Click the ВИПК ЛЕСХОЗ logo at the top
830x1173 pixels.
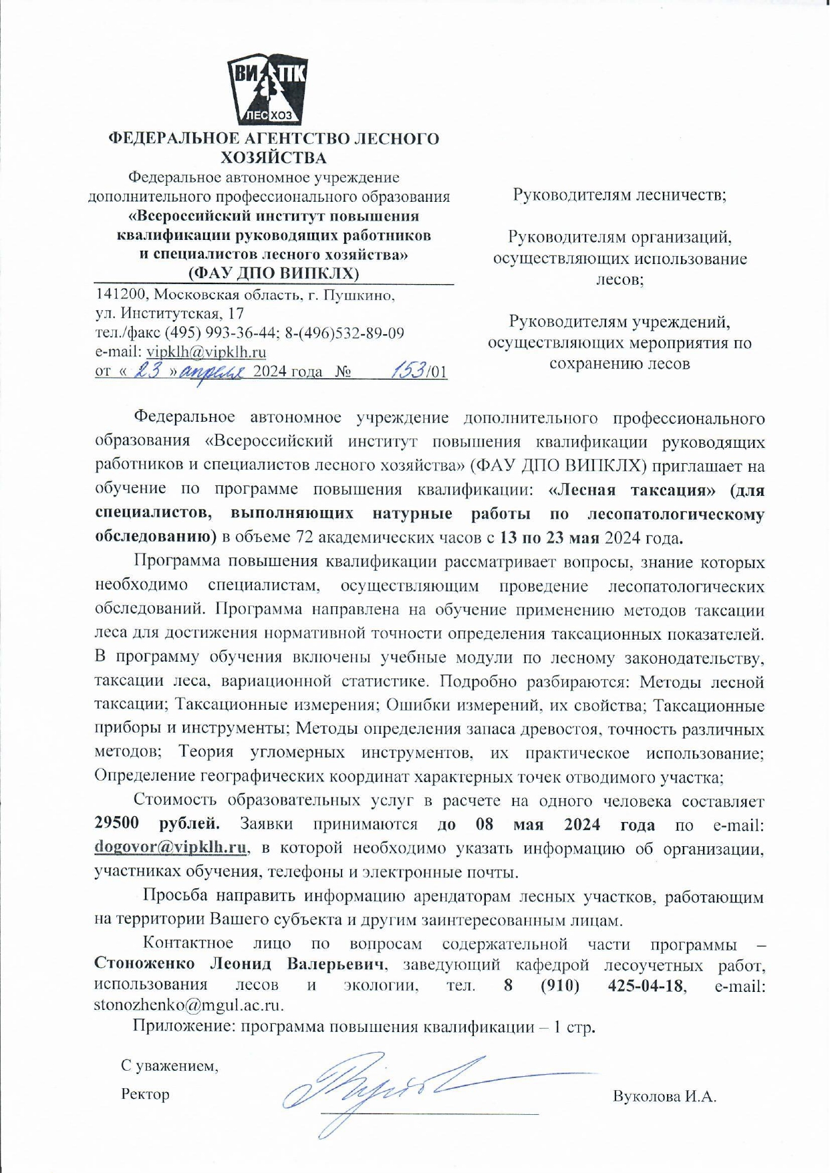coord(267,91)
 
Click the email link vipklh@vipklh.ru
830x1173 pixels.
coord(206,352)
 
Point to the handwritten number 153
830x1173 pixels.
coord(409,370)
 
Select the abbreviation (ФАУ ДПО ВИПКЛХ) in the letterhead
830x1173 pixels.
coord(273,273)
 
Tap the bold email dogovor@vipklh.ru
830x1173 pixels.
coord(171,848)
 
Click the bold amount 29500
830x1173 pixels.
coord(117,823)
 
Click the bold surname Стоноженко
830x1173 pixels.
coord(144,964)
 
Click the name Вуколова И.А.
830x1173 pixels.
coord(664,1097)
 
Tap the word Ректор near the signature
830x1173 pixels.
coord(145,1095)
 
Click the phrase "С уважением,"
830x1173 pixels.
coord(170,1065)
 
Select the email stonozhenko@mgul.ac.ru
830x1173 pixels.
coord(189,1005)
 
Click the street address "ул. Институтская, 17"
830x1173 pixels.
coord(170,313)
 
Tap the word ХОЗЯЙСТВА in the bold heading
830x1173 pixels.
coord(274,158)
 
